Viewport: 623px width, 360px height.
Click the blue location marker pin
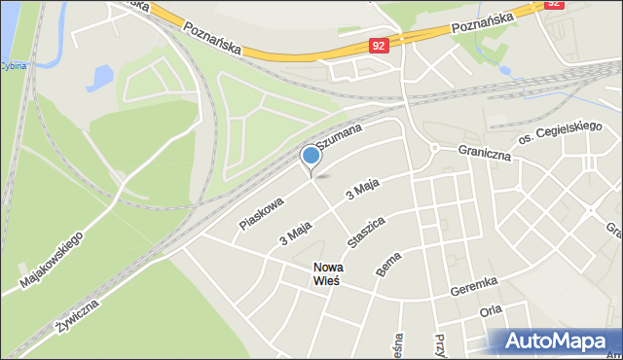coord(311,156)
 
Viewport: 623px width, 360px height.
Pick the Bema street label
coord(387,264)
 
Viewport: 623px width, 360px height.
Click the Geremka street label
coord(474,284)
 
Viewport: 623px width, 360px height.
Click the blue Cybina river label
coord(13,66)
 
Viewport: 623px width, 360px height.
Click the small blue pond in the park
coord(99,78)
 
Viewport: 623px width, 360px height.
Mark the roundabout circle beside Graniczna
coord(434,148)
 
